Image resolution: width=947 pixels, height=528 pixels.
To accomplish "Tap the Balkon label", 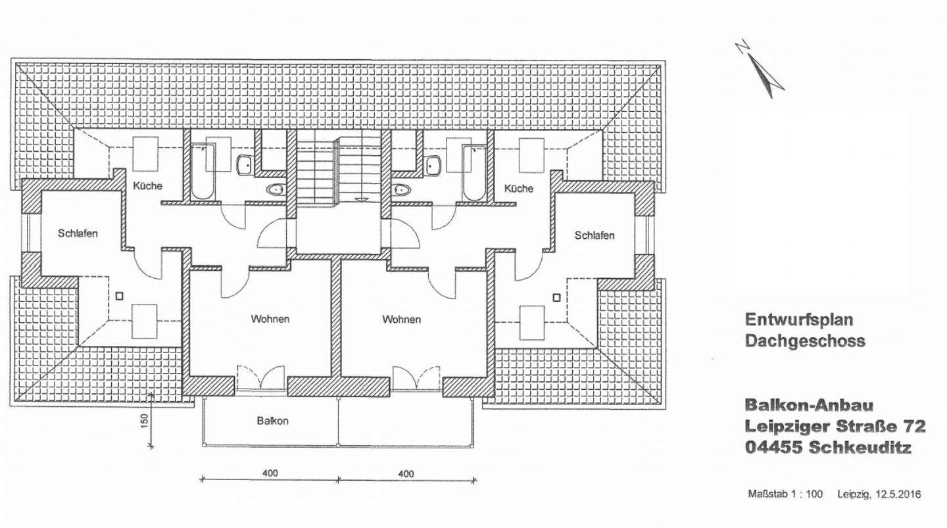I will point(272,421).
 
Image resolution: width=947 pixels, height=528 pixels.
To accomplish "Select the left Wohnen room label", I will point(270,320).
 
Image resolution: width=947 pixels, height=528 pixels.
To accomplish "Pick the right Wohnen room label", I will point(402,320).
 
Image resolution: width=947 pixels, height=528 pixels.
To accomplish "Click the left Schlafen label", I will point(78,233).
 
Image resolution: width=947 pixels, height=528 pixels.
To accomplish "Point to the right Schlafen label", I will point(595,235).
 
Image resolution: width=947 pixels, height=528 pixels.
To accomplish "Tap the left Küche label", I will point(147,186).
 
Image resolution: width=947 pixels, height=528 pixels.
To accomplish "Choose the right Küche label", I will point(519,189).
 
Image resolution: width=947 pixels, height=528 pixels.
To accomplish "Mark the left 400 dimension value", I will point(270,473).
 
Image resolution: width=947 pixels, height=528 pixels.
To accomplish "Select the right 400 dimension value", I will point(406,473).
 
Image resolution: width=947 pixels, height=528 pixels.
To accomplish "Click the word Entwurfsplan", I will point(798,320).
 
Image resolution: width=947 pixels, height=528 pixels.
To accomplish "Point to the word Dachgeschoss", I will point(805,341).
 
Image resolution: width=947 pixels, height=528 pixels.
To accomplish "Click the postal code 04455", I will point(774,448).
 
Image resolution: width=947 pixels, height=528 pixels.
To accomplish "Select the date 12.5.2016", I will point(898,494).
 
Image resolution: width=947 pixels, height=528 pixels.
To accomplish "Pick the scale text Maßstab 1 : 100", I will point(785,494).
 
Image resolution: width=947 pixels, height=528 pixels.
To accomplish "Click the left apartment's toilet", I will point(276,190).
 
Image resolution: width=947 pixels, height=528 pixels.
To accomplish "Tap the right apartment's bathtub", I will point(473,172).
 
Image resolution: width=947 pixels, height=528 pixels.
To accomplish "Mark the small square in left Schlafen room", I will point(119,297).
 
